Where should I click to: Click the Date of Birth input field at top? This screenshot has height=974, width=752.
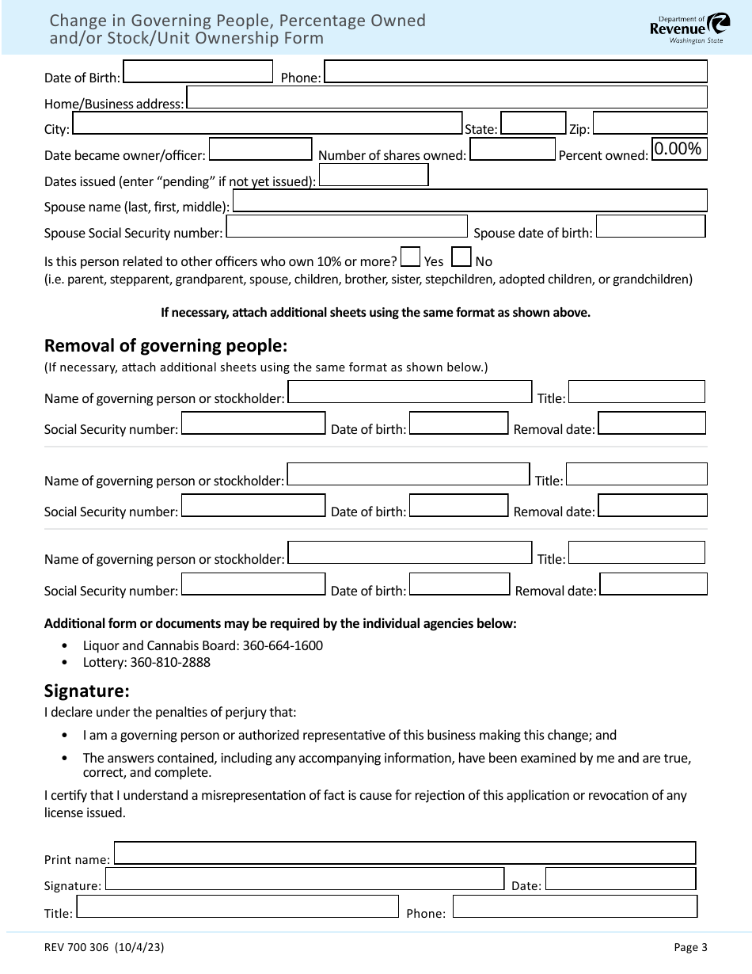pos(199,72)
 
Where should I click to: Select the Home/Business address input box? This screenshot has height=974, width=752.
pos(446,97)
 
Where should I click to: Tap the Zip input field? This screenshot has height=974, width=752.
pos(649,124)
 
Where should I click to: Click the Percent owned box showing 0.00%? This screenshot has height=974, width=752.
pos(678,149)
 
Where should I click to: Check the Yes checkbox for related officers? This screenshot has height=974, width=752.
pos(410,257)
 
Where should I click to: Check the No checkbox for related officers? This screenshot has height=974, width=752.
pos(461,257)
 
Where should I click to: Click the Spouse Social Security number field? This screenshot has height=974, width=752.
pos(347,226)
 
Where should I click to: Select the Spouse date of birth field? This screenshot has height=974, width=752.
pos(650,226)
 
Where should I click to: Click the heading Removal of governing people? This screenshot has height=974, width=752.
pos(165,346)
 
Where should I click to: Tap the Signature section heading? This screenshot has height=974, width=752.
pos(87,690)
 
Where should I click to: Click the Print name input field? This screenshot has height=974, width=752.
pos(404,853)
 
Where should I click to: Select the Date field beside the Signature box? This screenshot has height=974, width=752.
pos(621,879)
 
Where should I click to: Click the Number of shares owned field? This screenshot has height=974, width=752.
pos(513,149)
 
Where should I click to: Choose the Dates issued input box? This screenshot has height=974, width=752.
pos(373,175)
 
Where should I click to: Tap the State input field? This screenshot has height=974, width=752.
pos(534,124)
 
